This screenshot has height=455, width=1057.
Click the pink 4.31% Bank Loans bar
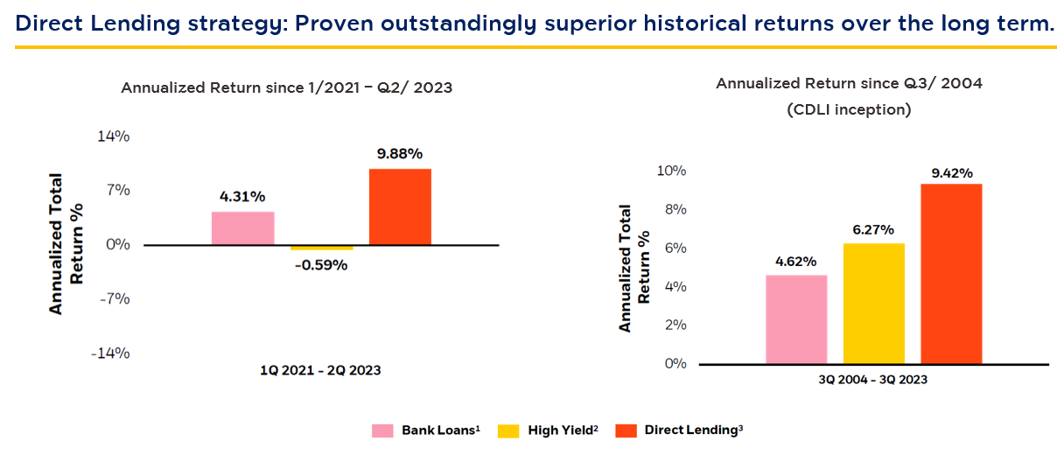pos(242,227)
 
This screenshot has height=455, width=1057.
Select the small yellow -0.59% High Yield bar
pos(321,248)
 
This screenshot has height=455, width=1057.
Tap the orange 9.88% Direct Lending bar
pos(400,206)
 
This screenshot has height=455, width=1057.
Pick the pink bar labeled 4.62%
pos(796,319)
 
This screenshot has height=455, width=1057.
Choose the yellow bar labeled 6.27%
pos(873,303)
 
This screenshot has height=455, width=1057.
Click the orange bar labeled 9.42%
pos(951,273)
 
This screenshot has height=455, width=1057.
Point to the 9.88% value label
pos(400,154)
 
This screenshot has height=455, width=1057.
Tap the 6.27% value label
pos(873,229)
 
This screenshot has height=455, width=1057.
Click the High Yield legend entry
pos(547,430)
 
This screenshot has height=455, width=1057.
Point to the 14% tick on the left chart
pos(114,136)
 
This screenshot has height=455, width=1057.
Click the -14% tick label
pos(111,353)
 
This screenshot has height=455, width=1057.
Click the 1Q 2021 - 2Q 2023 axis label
pos(320,370)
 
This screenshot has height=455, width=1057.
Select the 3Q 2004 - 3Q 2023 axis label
pos(873,380)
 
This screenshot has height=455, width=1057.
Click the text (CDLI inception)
pos(849,109)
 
